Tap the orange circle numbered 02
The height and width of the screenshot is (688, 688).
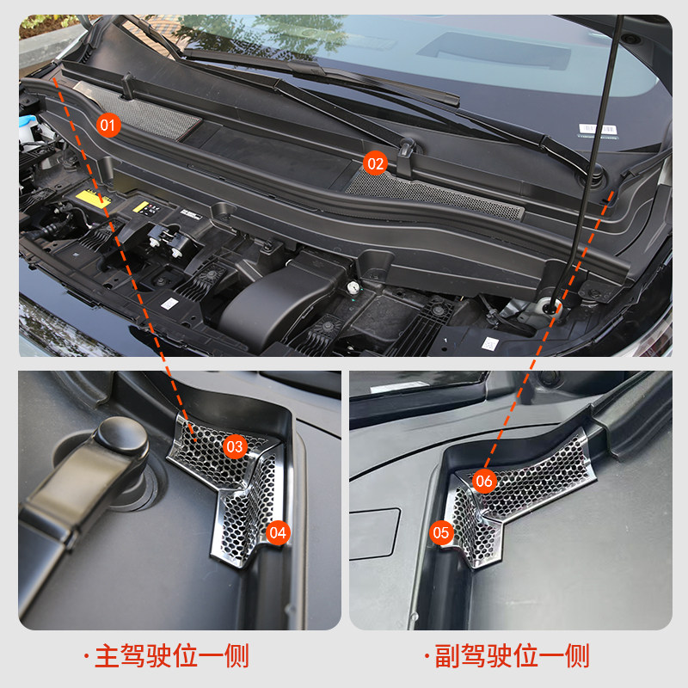pos(376,162)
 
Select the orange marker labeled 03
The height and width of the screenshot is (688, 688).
pos(235,446)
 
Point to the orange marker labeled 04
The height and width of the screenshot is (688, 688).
pos(277,532)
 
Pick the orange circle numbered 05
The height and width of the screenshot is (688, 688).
pos(441,532)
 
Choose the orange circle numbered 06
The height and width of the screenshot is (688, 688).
pos(484,482)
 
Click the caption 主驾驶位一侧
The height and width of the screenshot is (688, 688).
pos(171,658)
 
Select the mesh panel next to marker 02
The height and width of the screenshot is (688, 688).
pos(439,194)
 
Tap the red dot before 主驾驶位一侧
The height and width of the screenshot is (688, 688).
pos(86,659)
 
